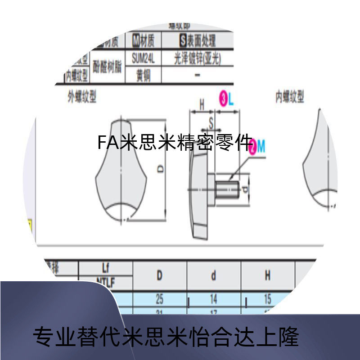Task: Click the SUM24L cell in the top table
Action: point(143,58)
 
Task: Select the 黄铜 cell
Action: point(143,75)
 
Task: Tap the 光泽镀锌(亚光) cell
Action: point(197,58)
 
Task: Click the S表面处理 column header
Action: point(197,41)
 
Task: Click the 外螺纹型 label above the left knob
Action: point(82,97)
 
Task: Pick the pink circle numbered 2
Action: point(252,145)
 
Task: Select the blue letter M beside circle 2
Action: point(261,145)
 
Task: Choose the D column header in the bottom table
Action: point(159,275)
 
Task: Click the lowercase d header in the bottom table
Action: point(213,275)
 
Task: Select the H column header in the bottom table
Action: point(267,275)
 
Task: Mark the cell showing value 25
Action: point(159,298)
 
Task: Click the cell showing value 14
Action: point(213,298)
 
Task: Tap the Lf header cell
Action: point(105,269)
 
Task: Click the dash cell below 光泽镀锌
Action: point(197,75)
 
